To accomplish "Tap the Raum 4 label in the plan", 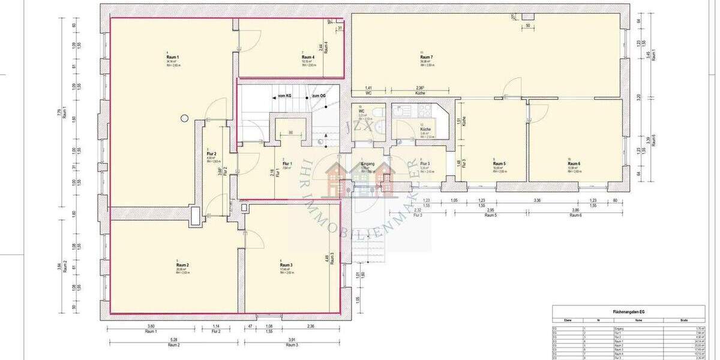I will click(308, 56).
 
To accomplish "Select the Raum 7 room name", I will click(427, 56).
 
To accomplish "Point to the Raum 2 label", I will click(183, 265).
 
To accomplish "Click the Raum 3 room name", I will click(286, 265).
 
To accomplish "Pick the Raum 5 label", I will click(499, 163).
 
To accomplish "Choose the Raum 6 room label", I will click(574, 163).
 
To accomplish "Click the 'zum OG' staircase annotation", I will click(318, 96).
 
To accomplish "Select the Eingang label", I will click(368, 163).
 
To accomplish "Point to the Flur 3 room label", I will click(425, 163).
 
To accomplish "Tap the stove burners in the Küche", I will click(425, 110).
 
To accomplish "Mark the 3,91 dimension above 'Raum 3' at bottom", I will click(292, 341).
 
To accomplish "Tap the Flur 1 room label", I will click(287, 163).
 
